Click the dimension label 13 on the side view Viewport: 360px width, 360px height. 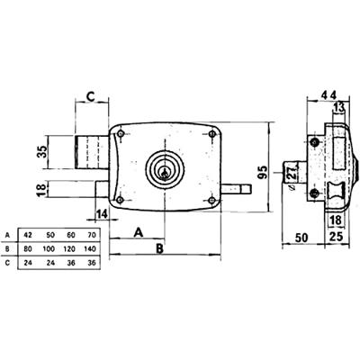[x=337, y=111]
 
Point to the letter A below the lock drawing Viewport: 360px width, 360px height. [x=139, y=230]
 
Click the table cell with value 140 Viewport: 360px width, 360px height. [x=91, y=247]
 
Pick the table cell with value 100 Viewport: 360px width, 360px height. [x=51, y=247]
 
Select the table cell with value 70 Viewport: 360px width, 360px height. [x=91, y=231]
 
